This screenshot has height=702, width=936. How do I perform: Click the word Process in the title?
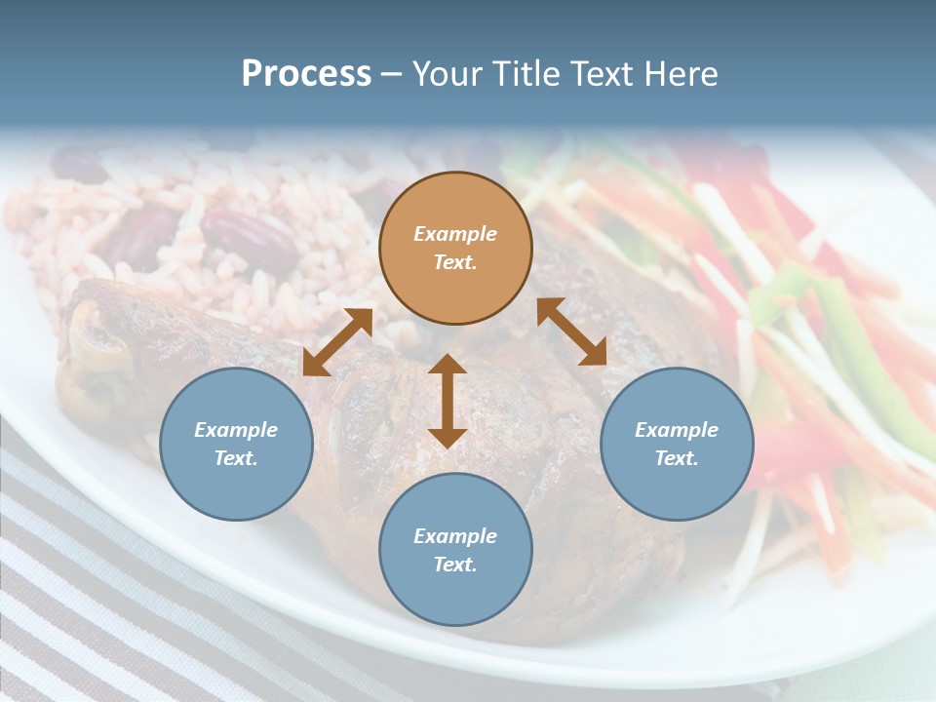[x=306, y=74]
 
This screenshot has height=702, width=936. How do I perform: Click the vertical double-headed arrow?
[x=448, y=401]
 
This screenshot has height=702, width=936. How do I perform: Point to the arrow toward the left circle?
[x=337, y=342]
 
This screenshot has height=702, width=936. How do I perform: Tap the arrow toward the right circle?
[x=572, y=331]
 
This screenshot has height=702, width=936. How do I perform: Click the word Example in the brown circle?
[x=455, y=234]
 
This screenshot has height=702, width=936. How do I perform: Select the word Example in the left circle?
[x=236, y=430]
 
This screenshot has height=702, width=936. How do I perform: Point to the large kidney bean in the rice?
[x=249, y=237]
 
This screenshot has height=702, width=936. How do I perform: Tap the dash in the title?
[x=392, y=74]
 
